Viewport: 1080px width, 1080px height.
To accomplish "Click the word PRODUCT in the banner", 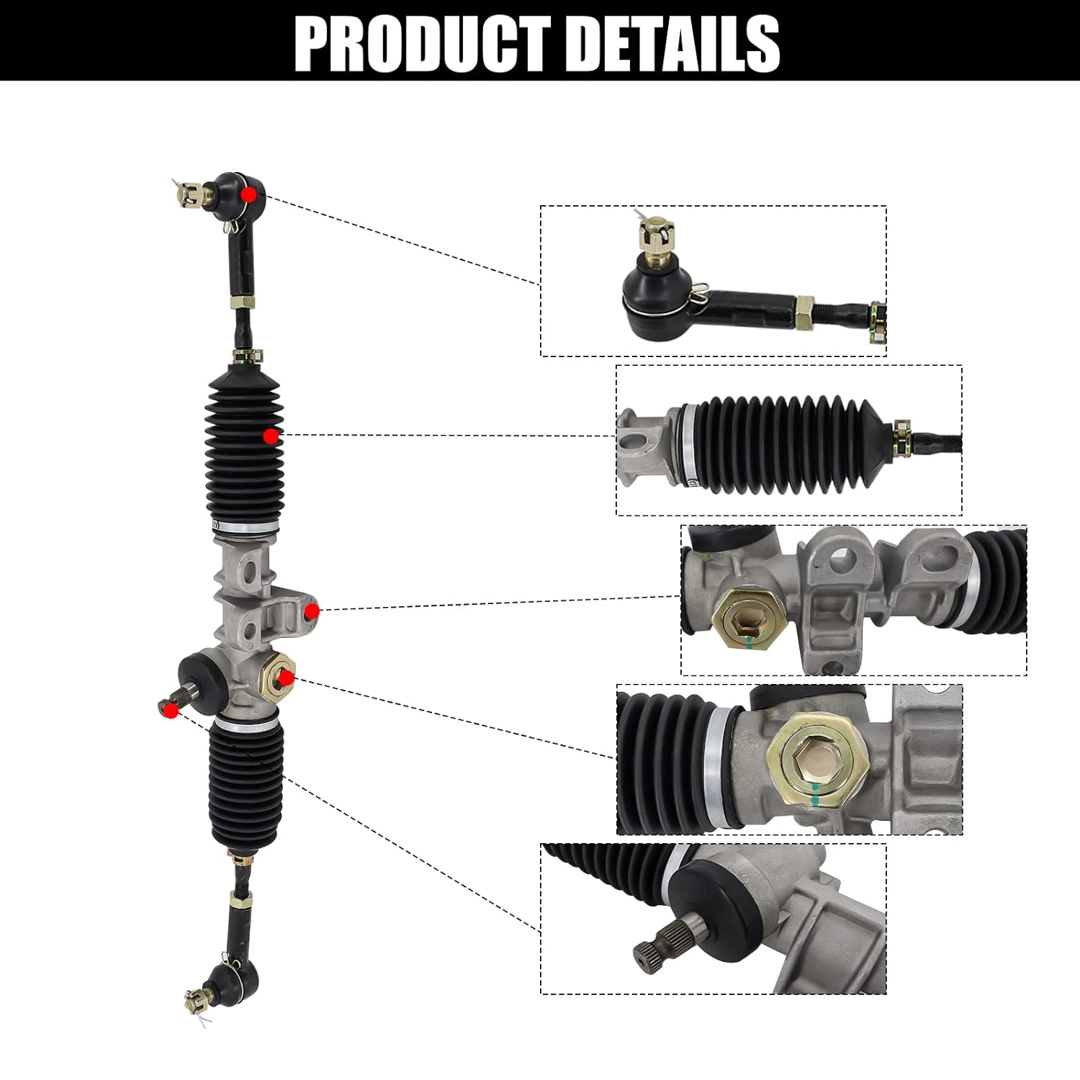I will tap(422, 45).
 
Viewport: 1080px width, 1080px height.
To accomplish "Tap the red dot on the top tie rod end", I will tap(249, 194).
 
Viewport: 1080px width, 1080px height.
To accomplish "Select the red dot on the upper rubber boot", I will tap(271, 436).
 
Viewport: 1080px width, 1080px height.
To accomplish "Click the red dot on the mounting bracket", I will tap(312, 612).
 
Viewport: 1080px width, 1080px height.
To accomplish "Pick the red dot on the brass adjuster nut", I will tap(286, 678).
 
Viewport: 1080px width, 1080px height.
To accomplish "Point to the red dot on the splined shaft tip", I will tap(171, 710).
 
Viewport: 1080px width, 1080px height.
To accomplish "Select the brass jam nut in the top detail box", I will tap(804, 312).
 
